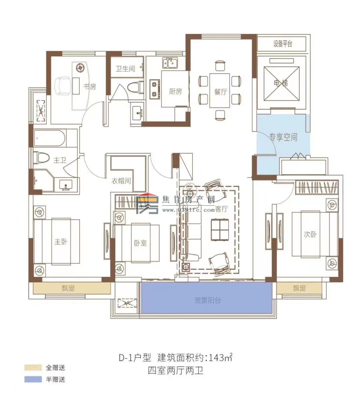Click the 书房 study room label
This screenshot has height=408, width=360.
[89, 87]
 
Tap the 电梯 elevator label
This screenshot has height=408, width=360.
[281, 82]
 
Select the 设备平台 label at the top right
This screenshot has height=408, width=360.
[283, 44]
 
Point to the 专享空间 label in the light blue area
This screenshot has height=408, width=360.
[283, 137]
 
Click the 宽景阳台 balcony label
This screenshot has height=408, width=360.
[207, 300]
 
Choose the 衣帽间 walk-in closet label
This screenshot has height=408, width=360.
[121, 181]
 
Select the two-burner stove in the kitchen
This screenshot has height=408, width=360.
[154, 89]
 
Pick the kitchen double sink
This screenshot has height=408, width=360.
[170, 62]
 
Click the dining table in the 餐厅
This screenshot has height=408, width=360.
[220, 91]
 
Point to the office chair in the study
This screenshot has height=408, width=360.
[63, 85]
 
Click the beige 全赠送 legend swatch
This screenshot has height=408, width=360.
[33, 368]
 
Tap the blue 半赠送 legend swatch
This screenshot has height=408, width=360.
[33, 379]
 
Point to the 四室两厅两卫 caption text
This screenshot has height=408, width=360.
[176, 371]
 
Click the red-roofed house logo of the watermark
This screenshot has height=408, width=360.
[148, 204]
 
